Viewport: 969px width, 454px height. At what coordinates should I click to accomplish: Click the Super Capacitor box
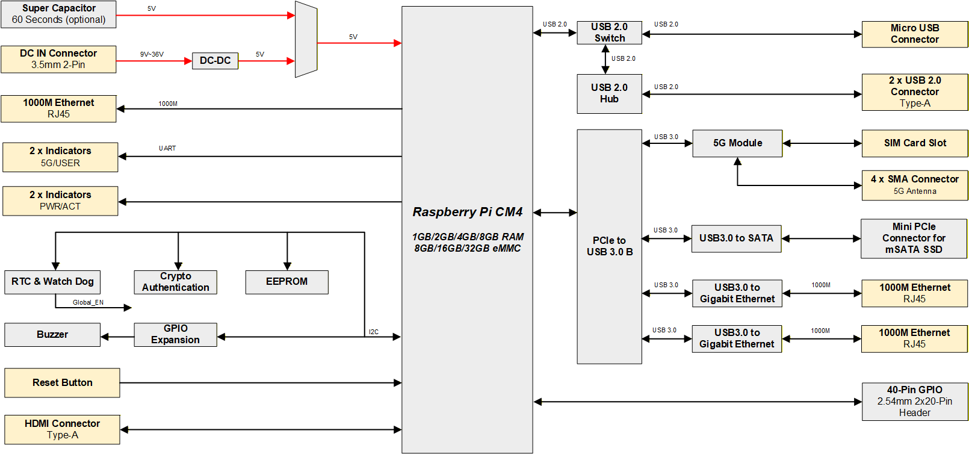point(58,14)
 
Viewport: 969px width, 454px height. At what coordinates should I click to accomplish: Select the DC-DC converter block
point(215,61)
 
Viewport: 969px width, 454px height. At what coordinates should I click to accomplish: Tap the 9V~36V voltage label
point(152,54)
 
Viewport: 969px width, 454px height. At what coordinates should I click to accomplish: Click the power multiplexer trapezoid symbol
point(306,40)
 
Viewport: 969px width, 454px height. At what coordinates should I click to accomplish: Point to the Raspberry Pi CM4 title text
point(467,212)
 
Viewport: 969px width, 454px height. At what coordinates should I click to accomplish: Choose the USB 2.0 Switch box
point(609,33)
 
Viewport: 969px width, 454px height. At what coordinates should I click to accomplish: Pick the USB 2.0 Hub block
point(609,93)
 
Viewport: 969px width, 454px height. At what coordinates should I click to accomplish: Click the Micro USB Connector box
point(914,34)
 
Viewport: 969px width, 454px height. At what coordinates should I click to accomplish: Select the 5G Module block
point(737,143)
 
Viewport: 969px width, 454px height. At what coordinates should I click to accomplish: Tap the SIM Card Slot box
point(914,143)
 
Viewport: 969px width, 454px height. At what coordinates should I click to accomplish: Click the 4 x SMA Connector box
point(914,185)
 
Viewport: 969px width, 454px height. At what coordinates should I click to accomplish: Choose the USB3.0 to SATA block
point(736,238)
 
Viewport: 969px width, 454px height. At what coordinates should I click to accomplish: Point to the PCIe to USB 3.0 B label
point(609,246)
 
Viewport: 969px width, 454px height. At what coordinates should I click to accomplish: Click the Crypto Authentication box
point(175,282)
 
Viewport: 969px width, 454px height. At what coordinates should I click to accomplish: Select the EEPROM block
point(286,282)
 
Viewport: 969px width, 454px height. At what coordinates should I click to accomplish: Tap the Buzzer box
point(52,335)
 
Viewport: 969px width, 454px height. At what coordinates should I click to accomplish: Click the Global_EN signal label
point(88,302)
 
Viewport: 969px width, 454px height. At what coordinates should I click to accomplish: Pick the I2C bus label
point(374,332)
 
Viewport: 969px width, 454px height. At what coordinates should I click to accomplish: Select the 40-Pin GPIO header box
point(914,401)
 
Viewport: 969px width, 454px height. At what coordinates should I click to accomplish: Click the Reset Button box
point(62,383)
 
